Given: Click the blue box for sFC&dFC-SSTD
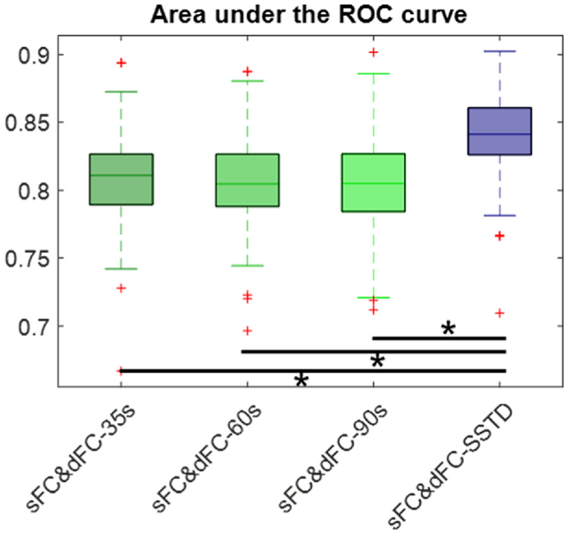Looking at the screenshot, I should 499,131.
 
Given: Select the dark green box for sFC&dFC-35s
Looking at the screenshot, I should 121,179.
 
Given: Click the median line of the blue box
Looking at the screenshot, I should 499,134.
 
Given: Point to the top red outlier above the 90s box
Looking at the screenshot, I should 373,52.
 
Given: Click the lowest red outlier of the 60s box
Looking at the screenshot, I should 248,331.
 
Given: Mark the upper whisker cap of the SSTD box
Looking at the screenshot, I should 499,51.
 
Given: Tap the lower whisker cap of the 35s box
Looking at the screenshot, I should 121,269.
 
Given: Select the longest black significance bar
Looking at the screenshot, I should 313,371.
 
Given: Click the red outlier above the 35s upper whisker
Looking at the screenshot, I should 121,63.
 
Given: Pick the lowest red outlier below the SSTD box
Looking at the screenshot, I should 499,313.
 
